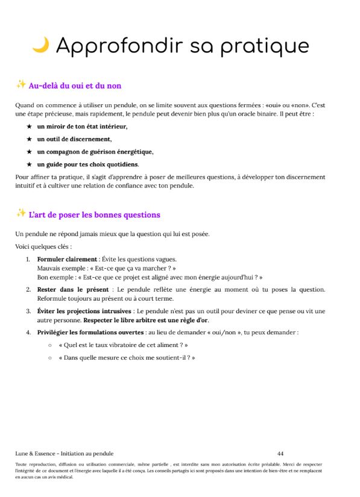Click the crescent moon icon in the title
pos(40,45)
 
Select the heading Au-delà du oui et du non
pos(75,86)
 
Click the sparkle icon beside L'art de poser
pos(21,213)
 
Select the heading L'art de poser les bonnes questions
pos(94,215)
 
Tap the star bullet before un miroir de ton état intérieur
pos(29,127)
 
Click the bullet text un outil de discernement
pos(74,139)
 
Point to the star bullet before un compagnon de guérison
pos(29,152)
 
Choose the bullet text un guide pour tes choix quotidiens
pos(88,164)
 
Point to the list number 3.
pos(28,311)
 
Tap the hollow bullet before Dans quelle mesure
pos(49,358)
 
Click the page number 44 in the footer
pos(280,453)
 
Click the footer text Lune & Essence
pos(36,453)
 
